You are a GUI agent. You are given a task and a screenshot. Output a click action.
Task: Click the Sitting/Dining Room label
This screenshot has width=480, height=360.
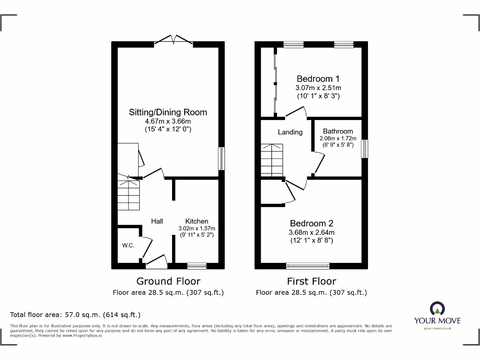tap(168, 112)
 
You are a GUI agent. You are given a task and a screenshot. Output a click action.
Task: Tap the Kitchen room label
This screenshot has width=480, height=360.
tap(196, 221)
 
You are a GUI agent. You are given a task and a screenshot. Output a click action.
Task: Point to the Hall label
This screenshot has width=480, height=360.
tap(157, 221)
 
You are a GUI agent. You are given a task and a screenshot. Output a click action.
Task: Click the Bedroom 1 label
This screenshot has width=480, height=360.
tap(318, 79)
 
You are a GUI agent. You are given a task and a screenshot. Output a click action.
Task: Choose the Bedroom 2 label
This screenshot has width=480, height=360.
tap(312, 223)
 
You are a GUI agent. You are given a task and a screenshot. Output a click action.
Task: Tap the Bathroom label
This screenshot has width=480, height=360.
tap(338, 132)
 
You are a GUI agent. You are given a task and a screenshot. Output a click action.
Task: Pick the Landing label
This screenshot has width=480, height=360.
tap(290, 132)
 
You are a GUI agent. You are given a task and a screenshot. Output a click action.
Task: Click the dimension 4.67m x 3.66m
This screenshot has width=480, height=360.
tap(168, 121)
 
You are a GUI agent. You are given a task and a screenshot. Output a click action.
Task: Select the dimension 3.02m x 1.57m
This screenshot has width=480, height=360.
tap(196, 228)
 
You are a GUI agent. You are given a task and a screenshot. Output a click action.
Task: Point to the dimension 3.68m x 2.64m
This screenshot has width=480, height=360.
tap(312, 232)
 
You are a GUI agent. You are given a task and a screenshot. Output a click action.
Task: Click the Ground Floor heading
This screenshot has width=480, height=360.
tap(168, 281)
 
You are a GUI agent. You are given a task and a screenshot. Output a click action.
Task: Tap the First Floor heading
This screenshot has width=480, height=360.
tap(311, 281)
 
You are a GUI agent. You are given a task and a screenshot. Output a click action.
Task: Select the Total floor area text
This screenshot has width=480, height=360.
tap(75, 315)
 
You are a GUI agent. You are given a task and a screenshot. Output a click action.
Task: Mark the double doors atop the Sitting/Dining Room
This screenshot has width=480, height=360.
tap(173, 40)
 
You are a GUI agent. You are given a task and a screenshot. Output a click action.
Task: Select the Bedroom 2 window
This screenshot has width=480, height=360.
tap(307, 266)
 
